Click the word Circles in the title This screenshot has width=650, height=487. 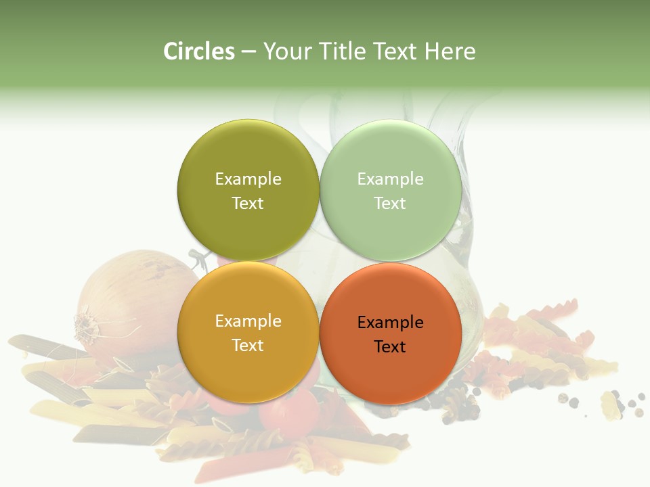(x=198, y=51)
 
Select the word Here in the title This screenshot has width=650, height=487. (x=450, y=51)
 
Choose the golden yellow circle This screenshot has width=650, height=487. (x=248, y=369)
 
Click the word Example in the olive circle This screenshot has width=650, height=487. (x=248, y=179)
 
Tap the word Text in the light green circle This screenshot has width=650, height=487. (x=390, y=204)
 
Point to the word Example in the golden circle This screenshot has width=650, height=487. (x=248, y=321)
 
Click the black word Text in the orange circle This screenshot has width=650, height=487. (x=390, y=347)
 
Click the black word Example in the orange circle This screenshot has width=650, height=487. (x=390, y=323)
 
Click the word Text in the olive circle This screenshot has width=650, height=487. (x=248, y=204)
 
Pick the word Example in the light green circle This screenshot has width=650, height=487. (x=390, y=179)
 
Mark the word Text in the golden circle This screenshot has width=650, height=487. (x=248, y=346)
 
